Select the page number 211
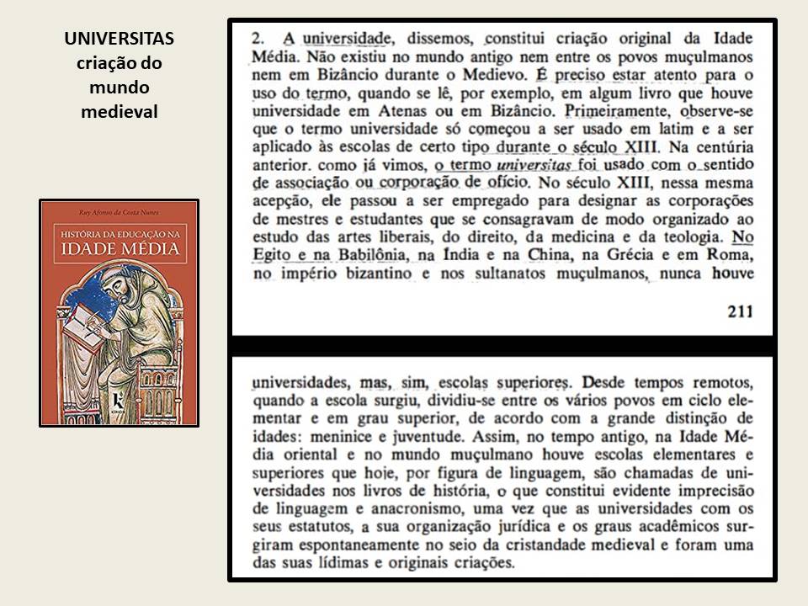pyautogui.click(x=738, y=311)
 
